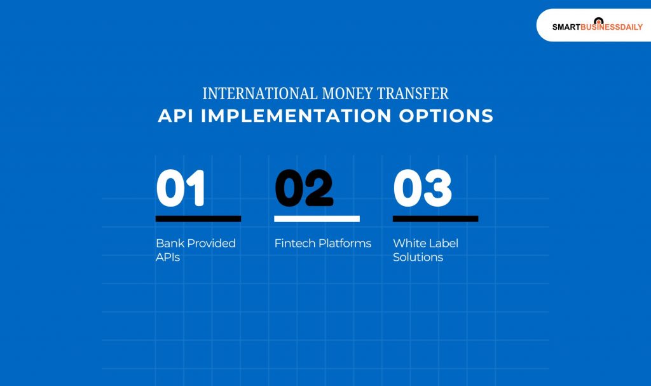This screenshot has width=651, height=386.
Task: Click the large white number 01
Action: click(x=181, y=189)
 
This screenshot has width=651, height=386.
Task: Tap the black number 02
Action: click(x=303, y=189)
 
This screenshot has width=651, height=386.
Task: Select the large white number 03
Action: click(x=422, y=189)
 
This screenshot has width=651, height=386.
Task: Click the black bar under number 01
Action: click(x=198, y=219)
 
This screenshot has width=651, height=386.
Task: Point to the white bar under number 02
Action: click(x=317, y=219)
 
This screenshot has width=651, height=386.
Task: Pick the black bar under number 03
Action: click(x=435, y=219)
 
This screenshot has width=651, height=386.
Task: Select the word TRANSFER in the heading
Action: click(x=413, y=93)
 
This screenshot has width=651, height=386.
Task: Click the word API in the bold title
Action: click(x=175, y=116)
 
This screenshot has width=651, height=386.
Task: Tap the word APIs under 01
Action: click(x=168, y=258)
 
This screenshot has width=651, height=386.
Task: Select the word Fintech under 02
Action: click(x=293, y=244)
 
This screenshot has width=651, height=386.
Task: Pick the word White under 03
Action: click(x=408, y=244)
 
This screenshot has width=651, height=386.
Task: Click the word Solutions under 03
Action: click(x=418, y=258)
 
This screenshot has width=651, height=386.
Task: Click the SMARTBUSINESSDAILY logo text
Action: click(x=597, y=27)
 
